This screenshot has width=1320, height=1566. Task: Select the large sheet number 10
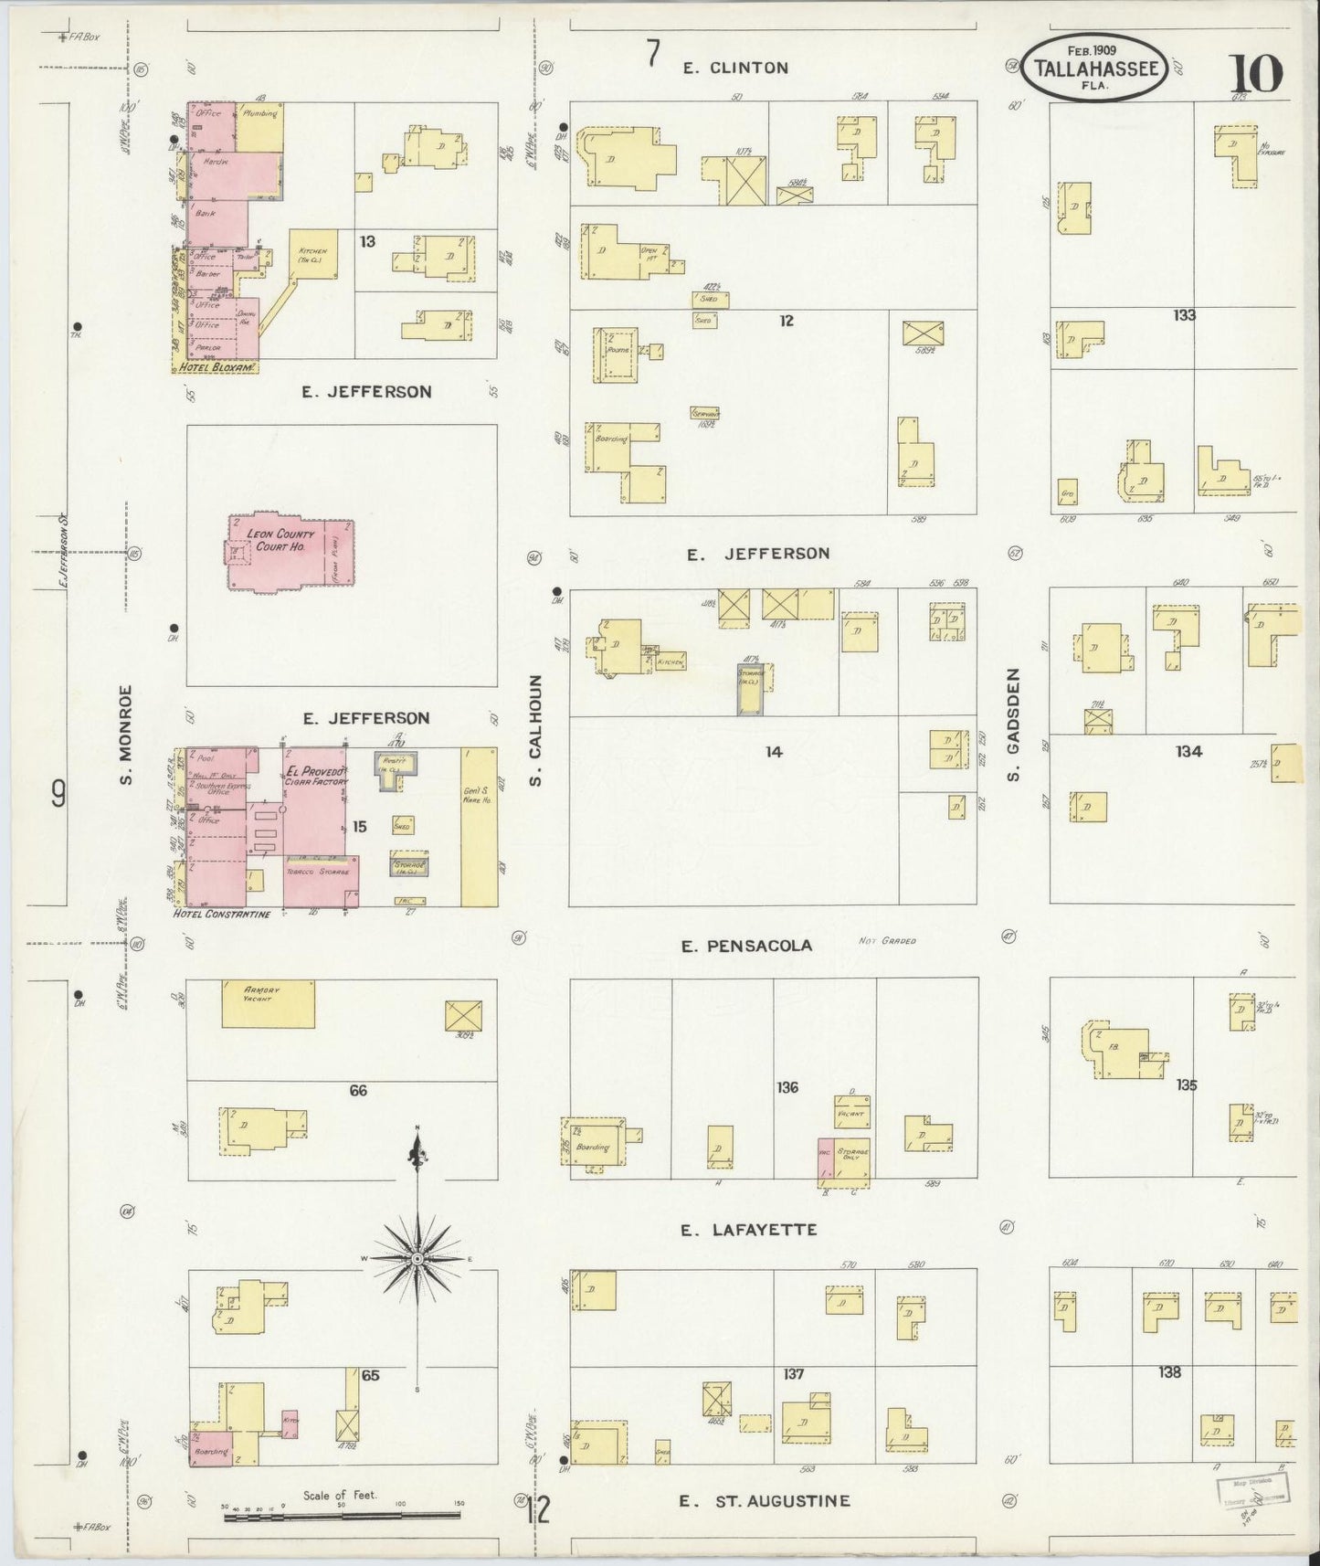pos(1256,73)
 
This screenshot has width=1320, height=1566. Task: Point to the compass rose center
pos(417,1259)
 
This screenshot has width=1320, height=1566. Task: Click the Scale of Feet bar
pos(342,1518)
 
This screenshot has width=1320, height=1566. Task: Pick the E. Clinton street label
pos(734,68)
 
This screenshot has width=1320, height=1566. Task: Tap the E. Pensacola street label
pos(746,946)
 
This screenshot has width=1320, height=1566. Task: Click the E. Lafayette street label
pos(749,1230)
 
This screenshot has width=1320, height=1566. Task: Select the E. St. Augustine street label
pos(766,1501)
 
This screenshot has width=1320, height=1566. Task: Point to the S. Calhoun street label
pos(536,730)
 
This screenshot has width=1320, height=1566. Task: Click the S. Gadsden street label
pos(1012,724)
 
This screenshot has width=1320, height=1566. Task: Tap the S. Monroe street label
pos(126,735)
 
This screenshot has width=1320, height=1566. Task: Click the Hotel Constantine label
pos(222,914)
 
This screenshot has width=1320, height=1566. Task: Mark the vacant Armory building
pos(269,1004)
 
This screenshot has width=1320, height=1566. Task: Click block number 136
pos(787,1087)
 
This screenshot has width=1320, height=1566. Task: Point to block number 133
pos(1185,316)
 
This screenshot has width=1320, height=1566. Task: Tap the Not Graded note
pos(886,941)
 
